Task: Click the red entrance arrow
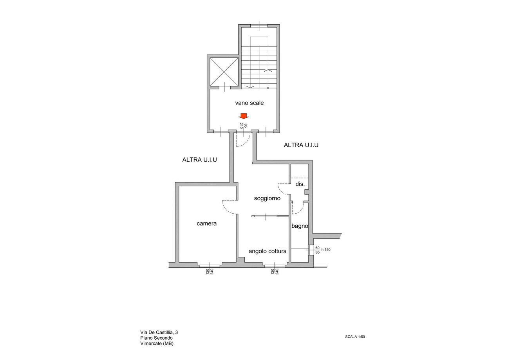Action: click(244, 116)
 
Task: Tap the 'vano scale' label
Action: click(249, 103)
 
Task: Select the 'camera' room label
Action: click(206, 223)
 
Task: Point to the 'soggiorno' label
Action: click(267, 198)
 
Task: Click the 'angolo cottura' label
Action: click(268, 251)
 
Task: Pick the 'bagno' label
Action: click(300, 226)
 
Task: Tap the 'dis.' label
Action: click(300, 184)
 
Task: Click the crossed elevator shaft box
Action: click(224, 72)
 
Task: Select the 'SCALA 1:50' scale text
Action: click(355, 337)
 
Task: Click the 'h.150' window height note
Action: click(325, 250)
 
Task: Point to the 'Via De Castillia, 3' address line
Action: click(159, 332)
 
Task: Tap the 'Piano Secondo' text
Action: click(156, 338)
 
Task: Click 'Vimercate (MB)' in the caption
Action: click(157, 344)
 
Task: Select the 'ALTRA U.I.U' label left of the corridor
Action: click(199, 160)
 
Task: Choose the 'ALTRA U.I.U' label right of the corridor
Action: click(301, 145)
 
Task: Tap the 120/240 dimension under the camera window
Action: click(210, 272)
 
